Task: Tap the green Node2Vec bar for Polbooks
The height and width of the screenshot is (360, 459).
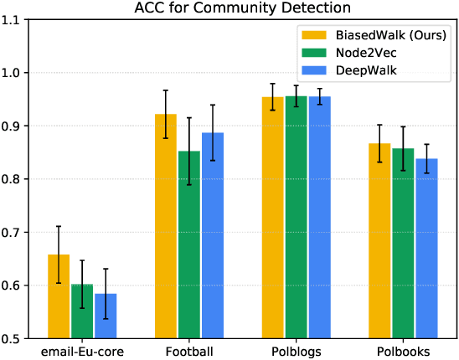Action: [x=404, y=244]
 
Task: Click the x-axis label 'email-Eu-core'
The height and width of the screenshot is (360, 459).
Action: [x=82, y=352]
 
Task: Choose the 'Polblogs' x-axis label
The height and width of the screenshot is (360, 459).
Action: [x=297, y=352]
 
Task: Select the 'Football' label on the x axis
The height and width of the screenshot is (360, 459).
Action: [x=189, y=352]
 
